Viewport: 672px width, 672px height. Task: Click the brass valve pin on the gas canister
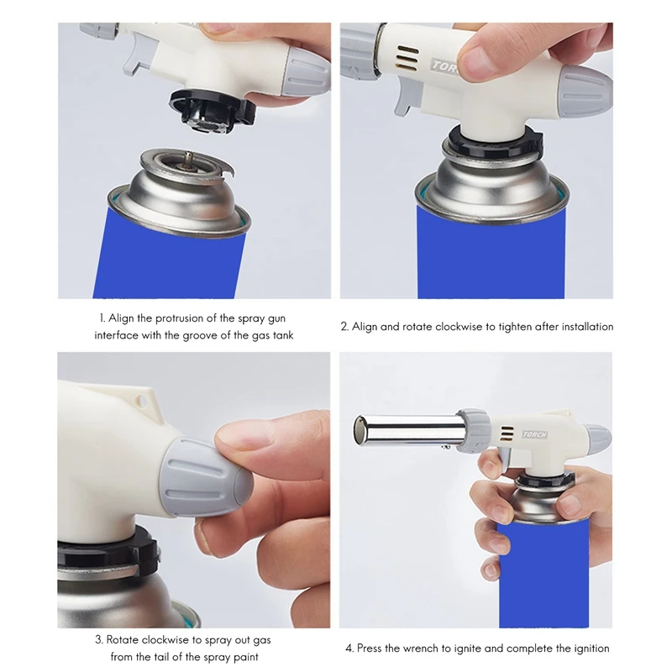187,158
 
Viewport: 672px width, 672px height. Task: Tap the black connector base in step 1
213,110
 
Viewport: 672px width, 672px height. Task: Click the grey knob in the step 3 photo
207,477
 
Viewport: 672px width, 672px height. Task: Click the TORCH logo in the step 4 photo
535,434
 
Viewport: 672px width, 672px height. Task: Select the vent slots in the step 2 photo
407,58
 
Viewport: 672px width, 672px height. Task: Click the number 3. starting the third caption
99,640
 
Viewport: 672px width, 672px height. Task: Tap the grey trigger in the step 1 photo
137,53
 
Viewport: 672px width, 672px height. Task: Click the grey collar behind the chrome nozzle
474,430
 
